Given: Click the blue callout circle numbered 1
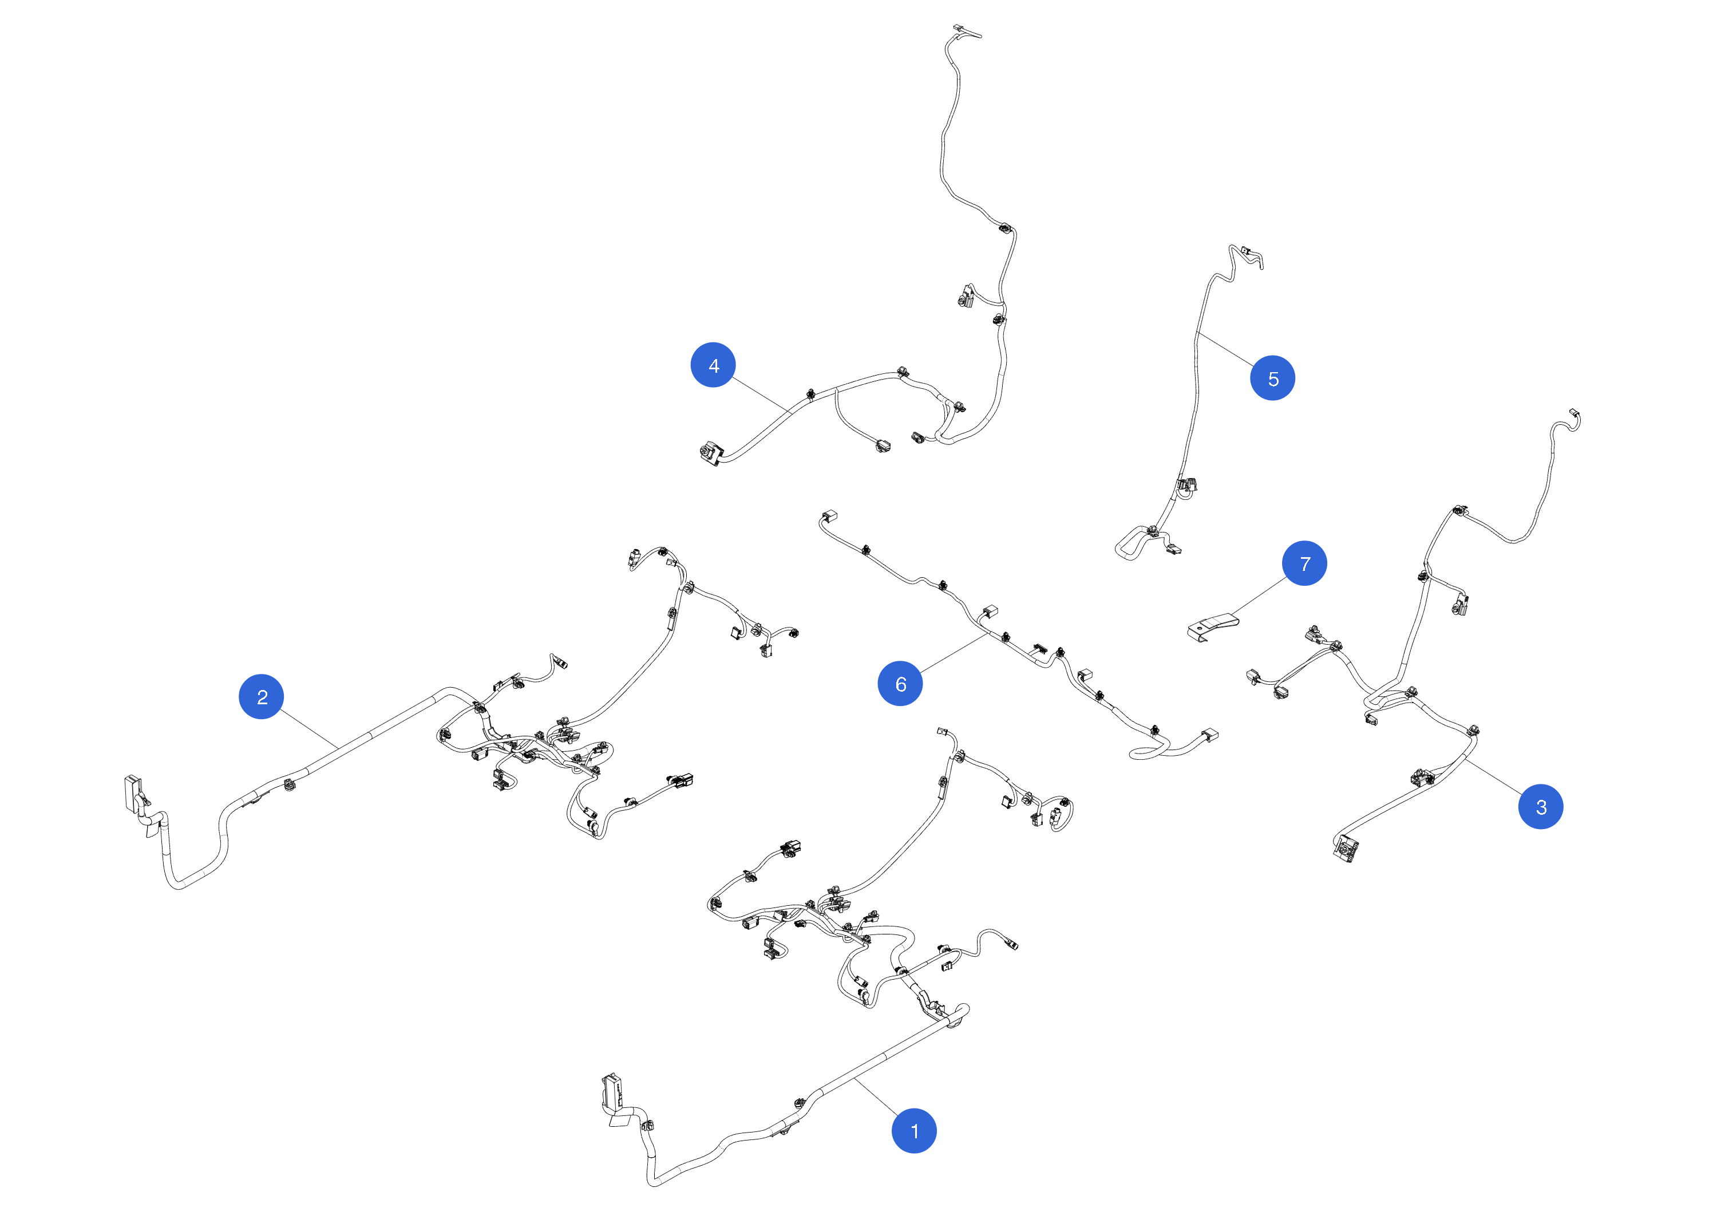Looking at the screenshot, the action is coord(914,1131).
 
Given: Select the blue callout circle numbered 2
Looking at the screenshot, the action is coord(261,696).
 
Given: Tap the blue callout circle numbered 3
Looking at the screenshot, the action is coord(1541,807).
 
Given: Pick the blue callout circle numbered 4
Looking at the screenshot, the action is coord(713,365).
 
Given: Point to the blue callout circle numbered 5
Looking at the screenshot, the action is coord(1273,378).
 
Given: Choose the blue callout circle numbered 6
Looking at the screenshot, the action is coord(900,683).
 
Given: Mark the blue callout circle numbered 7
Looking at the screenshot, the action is coord(1305,563).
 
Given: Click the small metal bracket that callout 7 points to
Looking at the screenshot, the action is coord(1213,626).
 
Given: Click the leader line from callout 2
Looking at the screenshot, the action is coord(309,728).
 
